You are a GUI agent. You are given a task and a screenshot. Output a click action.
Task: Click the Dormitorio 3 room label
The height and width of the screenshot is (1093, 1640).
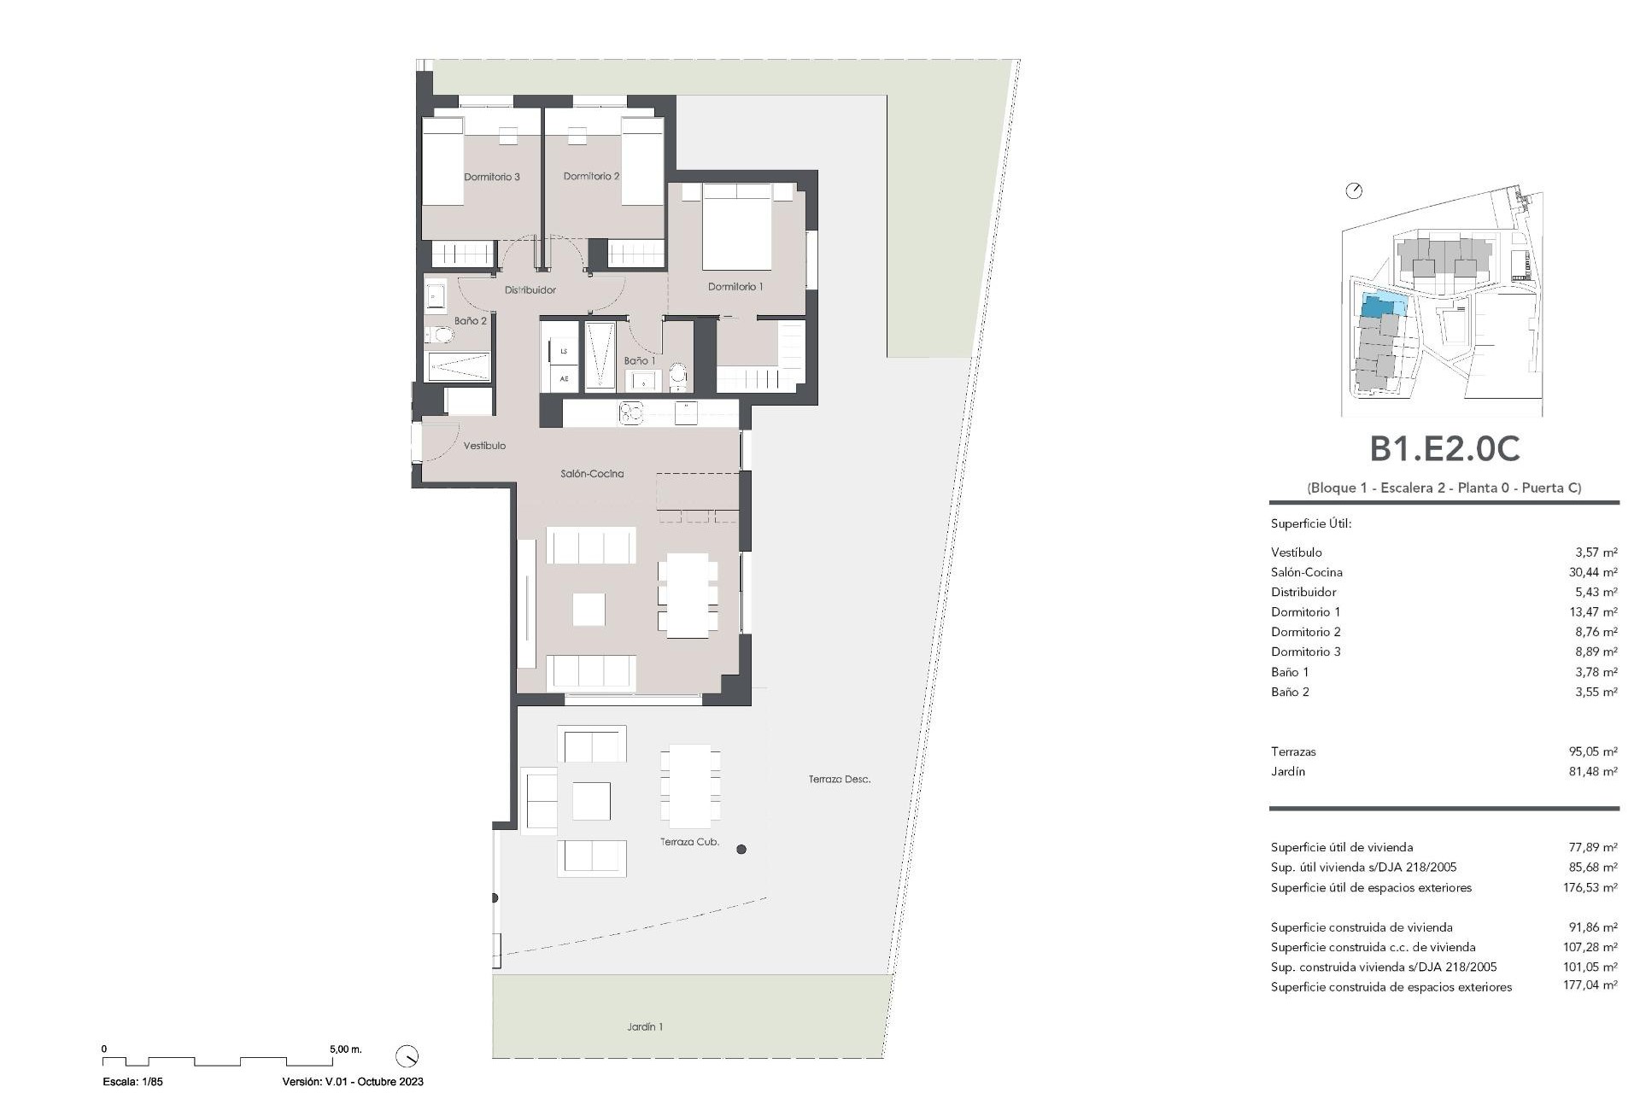491,177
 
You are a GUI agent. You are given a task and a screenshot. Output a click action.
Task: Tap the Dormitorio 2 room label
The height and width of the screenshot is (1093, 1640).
591,176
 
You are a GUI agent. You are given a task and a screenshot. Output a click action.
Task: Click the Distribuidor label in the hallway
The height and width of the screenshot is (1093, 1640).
530,290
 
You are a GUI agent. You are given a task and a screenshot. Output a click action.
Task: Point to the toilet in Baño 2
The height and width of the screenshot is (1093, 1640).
441,334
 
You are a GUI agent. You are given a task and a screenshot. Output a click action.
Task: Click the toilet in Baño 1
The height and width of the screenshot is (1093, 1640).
678,373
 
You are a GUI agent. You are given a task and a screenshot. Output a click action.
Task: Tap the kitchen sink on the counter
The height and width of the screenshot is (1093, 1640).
631,413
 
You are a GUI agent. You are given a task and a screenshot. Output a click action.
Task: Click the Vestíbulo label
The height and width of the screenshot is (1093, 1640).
484,446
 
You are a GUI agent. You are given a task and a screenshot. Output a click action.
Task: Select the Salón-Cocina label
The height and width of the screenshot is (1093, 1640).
592,473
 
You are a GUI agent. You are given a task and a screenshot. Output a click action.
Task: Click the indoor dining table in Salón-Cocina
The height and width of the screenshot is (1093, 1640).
688,595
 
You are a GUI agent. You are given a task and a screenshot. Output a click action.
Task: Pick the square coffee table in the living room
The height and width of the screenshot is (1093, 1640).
589,610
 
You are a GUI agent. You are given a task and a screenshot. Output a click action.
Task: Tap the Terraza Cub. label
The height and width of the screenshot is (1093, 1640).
689,842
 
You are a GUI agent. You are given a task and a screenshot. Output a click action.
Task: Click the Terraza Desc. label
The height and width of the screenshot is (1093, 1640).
840,779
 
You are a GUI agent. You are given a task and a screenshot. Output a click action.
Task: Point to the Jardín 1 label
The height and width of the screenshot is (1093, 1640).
644,1027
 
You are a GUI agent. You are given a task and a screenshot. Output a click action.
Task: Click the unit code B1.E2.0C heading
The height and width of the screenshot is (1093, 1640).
1444,449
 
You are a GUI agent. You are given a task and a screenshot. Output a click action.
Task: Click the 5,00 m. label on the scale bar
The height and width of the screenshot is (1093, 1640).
346,1049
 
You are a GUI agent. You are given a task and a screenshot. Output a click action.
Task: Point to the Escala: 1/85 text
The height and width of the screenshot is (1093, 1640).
132,1081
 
